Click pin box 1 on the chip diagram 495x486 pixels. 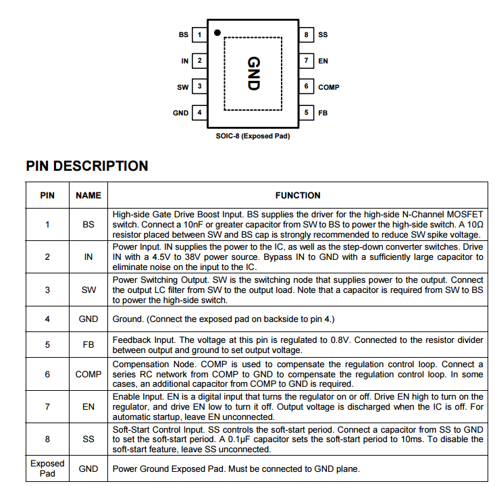199,34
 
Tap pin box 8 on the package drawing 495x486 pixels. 306,34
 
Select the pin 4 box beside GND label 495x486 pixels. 199,113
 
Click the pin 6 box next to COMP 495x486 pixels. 306,87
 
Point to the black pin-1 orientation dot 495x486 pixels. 217,32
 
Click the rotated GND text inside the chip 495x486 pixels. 253,74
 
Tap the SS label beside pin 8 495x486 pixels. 323,34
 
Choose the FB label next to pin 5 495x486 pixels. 323,113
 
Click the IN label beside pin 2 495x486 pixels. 184,61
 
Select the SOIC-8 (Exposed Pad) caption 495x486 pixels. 253,136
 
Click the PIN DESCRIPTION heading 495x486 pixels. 87,166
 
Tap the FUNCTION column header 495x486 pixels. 298,195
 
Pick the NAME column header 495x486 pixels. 88,195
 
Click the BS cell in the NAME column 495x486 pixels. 88,224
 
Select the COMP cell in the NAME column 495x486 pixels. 88,374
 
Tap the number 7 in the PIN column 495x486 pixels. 47,407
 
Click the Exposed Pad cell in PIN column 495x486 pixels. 47,468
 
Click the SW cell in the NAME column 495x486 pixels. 88,290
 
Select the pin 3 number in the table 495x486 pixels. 47,290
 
